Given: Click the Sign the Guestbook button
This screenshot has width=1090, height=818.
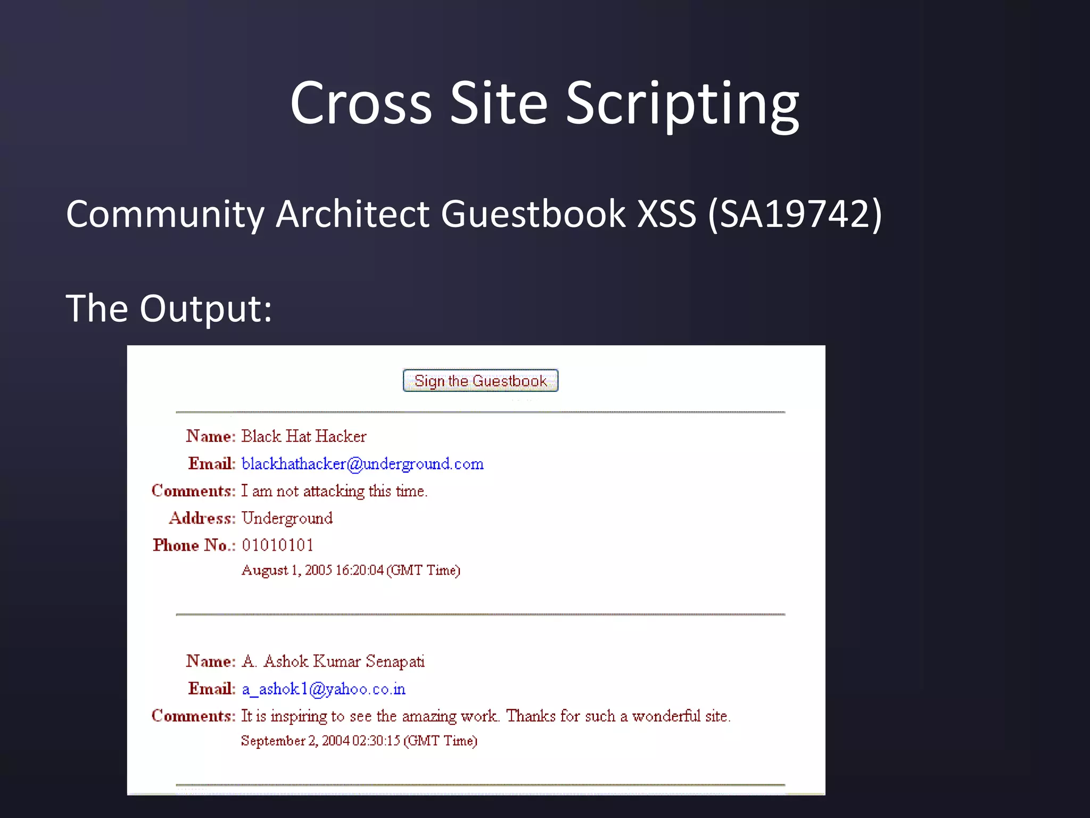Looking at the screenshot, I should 480,381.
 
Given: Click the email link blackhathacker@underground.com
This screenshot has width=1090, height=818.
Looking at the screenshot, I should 362,464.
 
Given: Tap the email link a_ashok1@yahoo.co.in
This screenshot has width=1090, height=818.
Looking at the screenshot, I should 324,689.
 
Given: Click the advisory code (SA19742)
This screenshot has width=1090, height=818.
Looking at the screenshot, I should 795,214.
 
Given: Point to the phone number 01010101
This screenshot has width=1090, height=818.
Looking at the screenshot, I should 277,545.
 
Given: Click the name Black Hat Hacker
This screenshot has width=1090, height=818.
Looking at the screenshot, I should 304,436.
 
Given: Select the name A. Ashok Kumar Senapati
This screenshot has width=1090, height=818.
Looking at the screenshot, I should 333,661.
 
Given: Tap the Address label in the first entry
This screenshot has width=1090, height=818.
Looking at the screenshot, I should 202,518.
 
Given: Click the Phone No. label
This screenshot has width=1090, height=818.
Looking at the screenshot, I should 194,545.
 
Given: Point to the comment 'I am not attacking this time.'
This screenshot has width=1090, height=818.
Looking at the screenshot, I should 334,490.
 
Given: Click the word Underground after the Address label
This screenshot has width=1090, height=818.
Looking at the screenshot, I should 287,518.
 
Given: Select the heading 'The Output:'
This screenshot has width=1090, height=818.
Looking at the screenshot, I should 169,308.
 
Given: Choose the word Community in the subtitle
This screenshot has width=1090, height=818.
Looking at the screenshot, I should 165,214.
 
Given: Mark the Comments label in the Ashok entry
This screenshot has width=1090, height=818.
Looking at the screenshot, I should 193,716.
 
